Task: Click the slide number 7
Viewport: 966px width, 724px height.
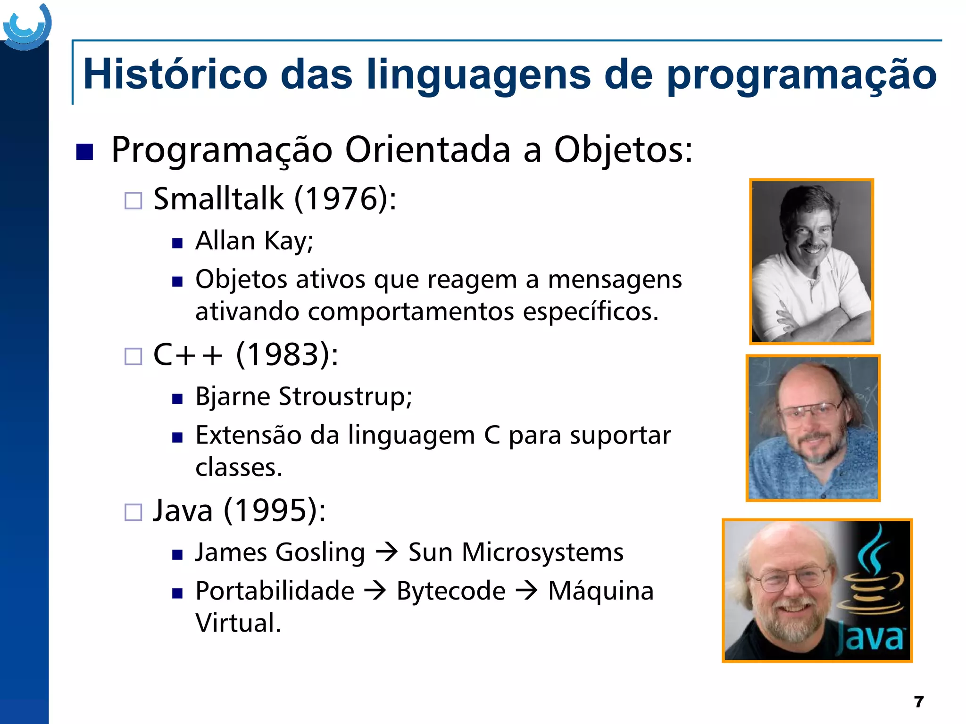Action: tap(919, 702)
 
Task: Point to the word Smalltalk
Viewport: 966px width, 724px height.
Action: tap(218, 198)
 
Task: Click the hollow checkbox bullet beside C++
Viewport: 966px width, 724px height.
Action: tap(133, 356)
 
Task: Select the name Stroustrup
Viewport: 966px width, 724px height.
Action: tap(345, 396)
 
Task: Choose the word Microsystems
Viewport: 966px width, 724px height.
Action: tap(542, 552)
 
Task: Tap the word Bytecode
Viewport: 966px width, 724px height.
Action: tap(451, 591)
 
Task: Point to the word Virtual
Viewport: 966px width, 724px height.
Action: tap(238, 623)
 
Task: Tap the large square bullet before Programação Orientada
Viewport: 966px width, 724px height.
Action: tap(84, 152)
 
